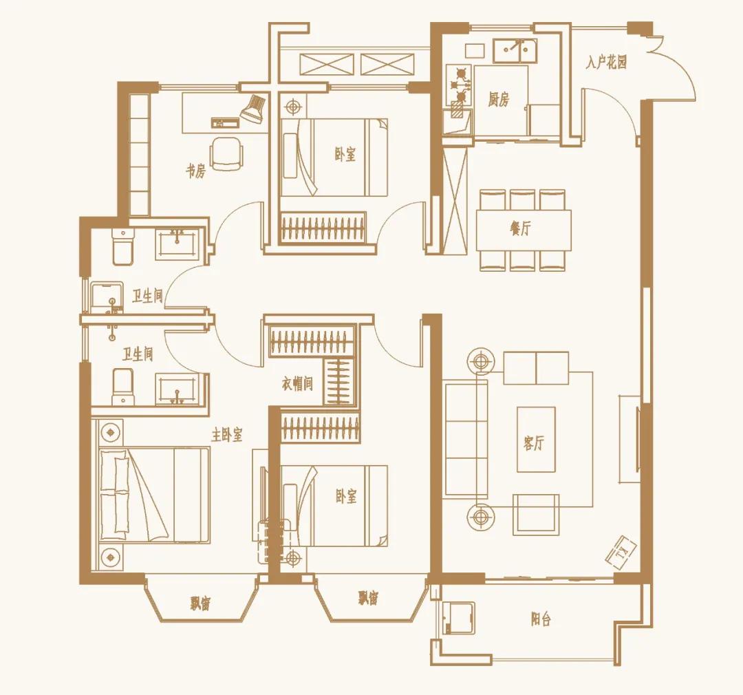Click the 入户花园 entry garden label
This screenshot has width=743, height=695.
point(606,63)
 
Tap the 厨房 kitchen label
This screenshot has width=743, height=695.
point(499,100)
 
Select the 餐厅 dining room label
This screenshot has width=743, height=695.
point(520,228)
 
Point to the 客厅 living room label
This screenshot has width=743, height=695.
point(534,443)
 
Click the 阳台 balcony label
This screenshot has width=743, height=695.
point(541,619)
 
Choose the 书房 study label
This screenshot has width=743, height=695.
point(195,171)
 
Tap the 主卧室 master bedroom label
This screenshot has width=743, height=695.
point(226,435)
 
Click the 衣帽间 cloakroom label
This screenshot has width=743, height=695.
point(297,383)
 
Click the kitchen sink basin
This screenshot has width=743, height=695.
point(515,51)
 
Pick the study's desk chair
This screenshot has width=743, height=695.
point(226,153)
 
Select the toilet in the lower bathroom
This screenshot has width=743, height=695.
point(122,387)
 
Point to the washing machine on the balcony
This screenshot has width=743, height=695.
point(457,618)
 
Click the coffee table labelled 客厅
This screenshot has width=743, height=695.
point(536,439)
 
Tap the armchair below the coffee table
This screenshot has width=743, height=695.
point(536,514)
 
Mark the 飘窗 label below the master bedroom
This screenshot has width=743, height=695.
point(200,604)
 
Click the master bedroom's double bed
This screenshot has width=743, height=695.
point(155,494)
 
